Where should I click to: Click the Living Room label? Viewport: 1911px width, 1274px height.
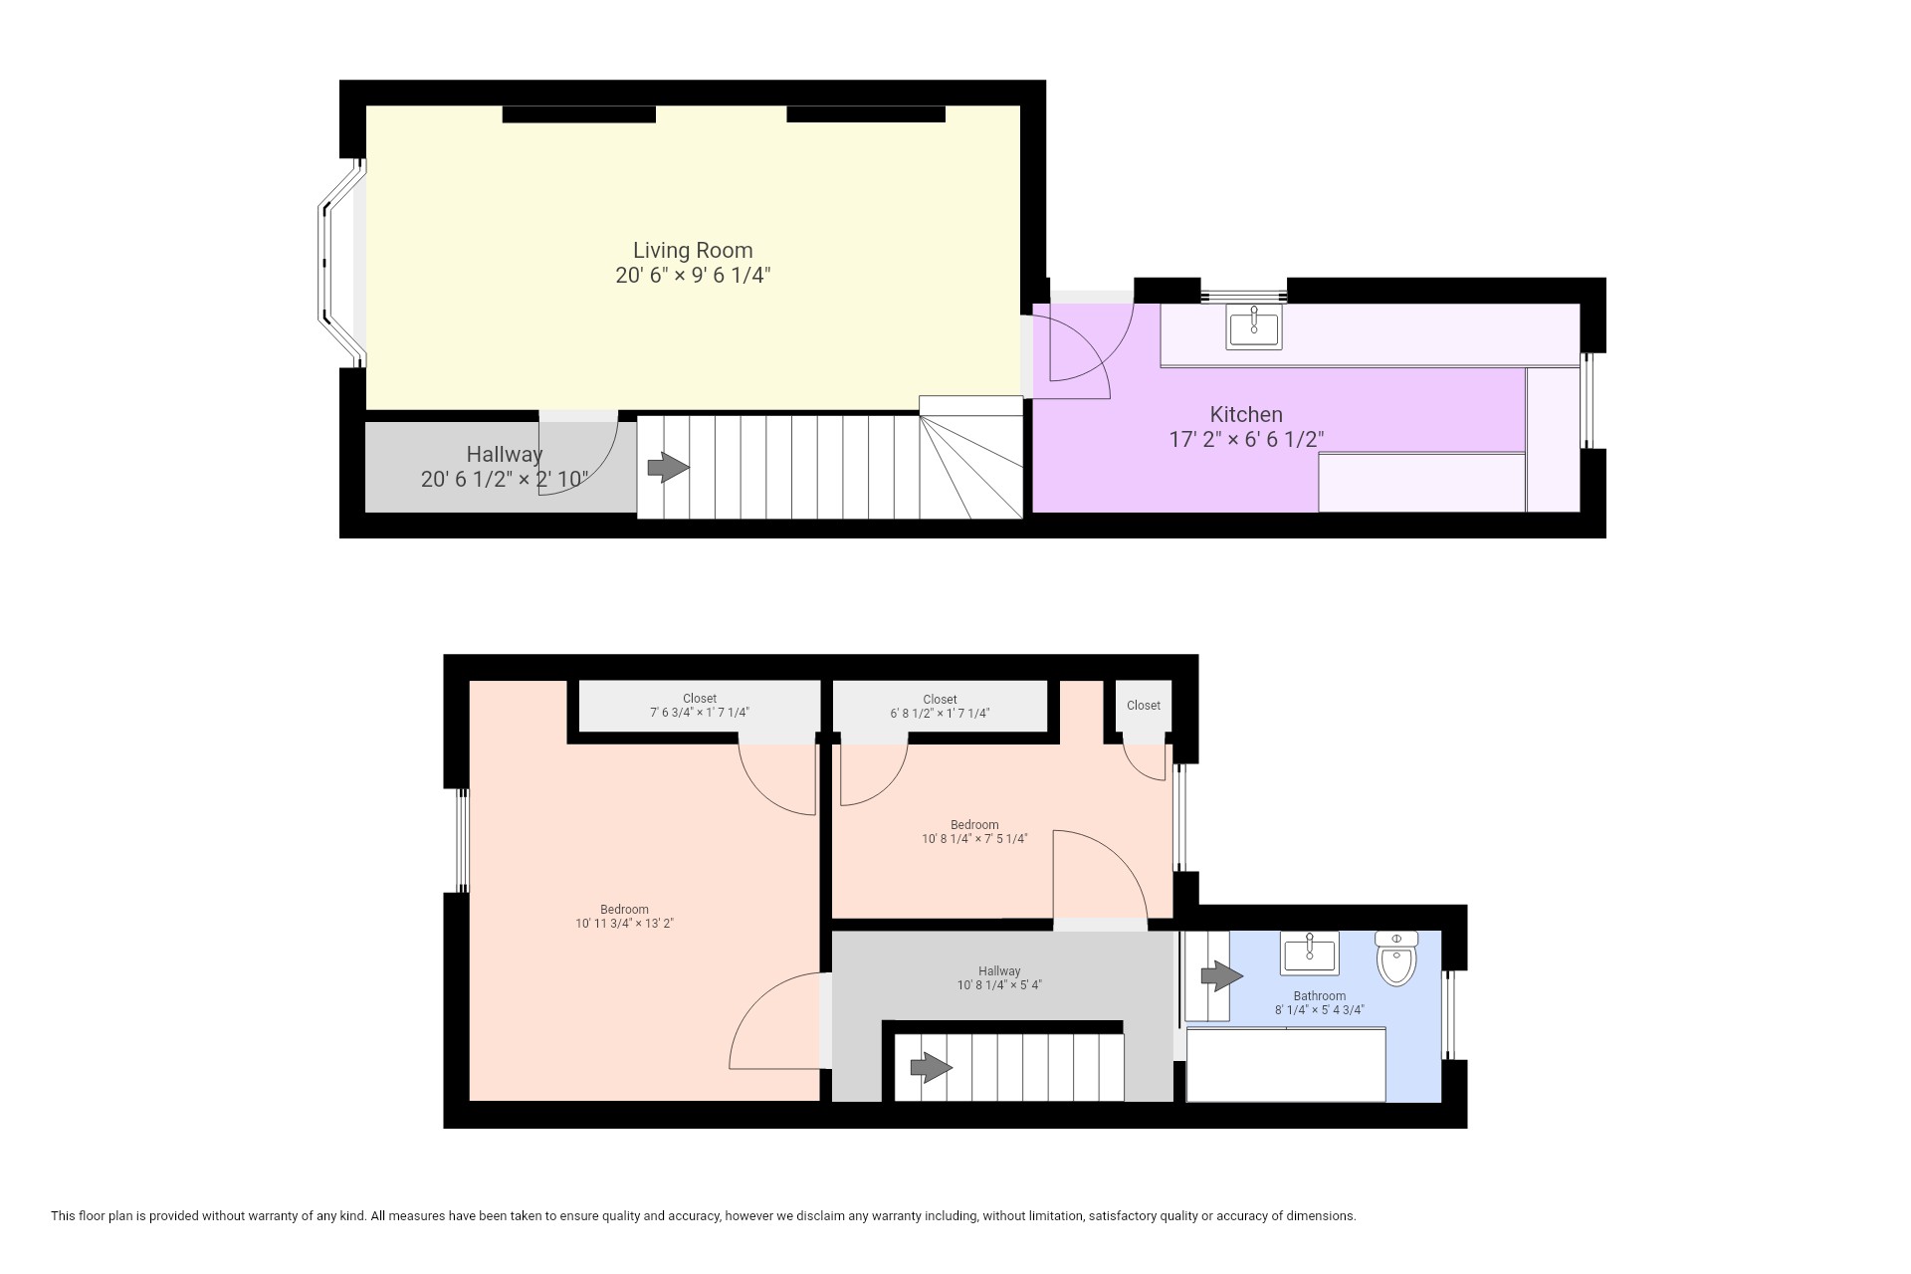(x=693, y=250)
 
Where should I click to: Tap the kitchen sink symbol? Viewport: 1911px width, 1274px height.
(x=1254, y=326)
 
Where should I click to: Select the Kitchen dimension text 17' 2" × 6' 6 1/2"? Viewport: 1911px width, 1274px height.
(x=1246, y=439)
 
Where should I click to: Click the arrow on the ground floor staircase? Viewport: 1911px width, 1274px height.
(x=668, y=467)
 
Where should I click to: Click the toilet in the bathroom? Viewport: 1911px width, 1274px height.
(x=1396, y=958)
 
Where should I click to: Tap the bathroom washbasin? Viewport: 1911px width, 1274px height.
(x=1310, y=954)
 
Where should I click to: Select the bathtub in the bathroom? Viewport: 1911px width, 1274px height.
(x=1286, y=1065)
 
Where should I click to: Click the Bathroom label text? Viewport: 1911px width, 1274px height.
(x=1320, y=995)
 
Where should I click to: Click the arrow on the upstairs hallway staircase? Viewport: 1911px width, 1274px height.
(x=931, y=1069)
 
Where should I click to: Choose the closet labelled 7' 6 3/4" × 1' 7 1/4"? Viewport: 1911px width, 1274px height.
(x=699, y=712)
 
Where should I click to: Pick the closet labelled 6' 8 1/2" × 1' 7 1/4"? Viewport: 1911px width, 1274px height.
(x=940, y=712)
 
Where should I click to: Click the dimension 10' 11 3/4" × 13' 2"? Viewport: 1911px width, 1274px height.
(x=624, y=924)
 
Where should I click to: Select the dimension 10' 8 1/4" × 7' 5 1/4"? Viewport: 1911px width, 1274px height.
(x=974, y=839)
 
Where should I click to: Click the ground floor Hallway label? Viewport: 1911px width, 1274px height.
(x=505, y=454)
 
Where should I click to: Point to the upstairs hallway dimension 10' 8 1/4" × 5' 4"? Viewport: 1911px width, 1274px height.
(x=999, y=985)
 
